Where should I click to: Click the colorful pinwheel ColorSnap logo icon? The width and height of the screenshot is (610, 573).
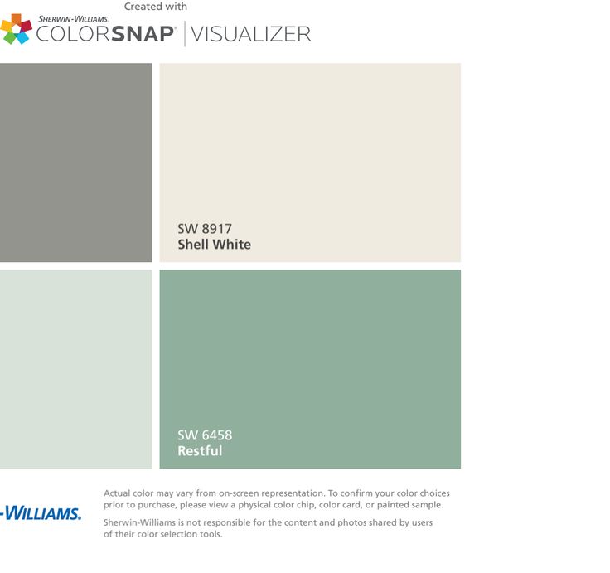tap(16, 29)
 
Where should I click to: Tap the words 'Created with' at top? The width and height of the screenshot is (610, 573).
tap(156, 7)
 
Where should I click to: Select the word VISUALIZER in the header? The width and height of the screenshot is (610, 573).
tap(251, 34)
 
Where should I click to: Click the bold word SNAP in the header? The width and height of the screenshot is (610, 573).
tap(143, 34)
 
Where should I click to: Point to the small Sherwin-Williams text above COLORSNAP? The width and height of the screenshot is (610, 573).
tap(73, 19)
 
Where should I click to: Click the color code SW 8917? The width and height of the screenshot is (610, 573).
tap(205, 229)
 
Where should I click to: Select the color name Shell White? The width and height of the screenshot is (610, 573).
tap(215, 245)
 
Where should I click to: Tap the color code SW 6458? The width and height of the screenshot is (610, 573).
tap(205, 435)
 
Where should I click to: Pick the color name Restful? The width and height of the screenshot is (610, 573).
tap(200, 451)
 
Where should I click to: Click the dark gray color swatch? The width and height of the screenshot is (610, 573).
tap(76, 163)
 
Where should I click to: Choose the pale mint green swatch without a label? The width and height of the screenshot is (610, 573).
tap(76, 369)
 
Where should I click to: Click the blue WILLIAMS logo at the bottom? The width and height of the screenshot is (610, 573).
tap(41, 513)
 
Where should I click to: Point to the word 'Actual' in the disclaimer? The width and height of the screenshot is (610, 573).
tap(117, 493)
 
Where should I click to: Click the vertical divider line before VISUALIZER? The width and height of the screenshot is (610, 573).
tap(184, 34)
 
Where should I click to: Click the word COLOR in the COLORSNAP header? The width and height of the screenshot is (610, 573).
tap(73, 34)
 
